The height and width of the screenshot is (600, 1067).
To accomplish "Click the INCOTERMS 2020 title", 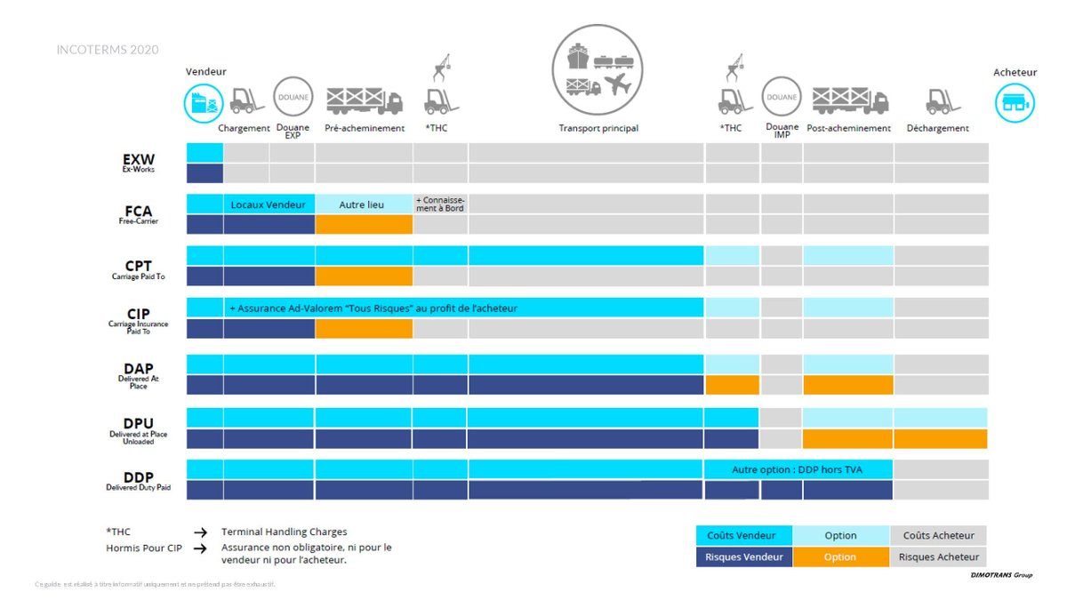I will point(108,50).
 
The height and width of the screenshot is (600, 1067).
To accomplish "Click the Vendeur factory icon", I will point(204,103).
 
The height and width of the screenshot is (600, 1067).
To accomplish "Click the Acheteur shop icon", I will point(1015,103).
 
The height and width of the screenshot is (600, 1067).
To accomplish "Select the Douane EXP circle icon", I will point(293,97).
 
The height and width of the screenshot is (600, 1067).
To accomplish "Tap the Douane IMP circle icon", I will point(782,97).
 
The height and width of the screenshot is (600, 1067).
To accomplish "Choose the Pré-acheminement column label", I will point(364,128).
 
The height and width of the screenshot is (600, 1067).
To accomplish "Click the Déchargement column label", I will point(937,128).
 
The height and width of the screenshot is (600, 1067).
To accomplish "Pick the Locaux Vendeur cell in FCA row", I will point(268,204).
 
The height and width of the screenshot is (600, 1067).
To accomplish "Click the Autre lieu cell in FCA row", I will point(363,204).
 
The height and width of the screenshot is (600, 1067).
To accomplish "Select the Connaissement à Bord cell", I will point(440,204).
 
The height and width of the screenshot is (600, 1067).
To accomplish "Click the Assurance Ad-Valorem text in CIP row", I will point(373,308).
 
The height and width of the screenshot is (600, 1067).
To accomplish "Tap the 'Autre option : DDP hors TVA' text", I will point(797,469).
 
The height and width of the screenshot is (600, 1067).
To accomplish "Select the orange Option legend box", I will point(840,557).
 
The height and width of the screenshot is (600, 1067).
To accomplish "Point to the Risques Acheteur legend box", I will point(938,557).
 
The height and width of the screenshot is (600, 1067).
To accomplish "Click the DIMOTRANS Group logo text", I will point(1000,575).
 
